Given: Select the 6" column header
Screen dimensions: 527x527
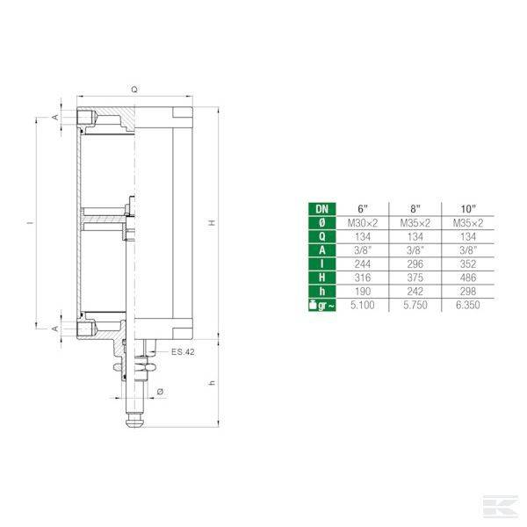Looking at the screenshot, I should [364, 208].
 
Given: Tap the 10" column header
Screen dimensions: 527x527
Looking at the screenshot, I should [467, 208].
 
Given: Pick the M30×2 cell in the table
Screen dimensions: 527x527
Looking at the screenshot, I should [364, 222].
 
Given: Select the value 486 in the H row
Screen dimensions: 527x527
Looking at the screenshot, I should [467, 276].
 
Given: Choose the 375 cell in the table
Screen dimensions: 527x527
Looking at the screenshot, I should [415, 276].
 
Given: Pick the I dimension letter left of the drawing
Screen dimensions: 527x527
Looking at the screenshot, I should [28, 223].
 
